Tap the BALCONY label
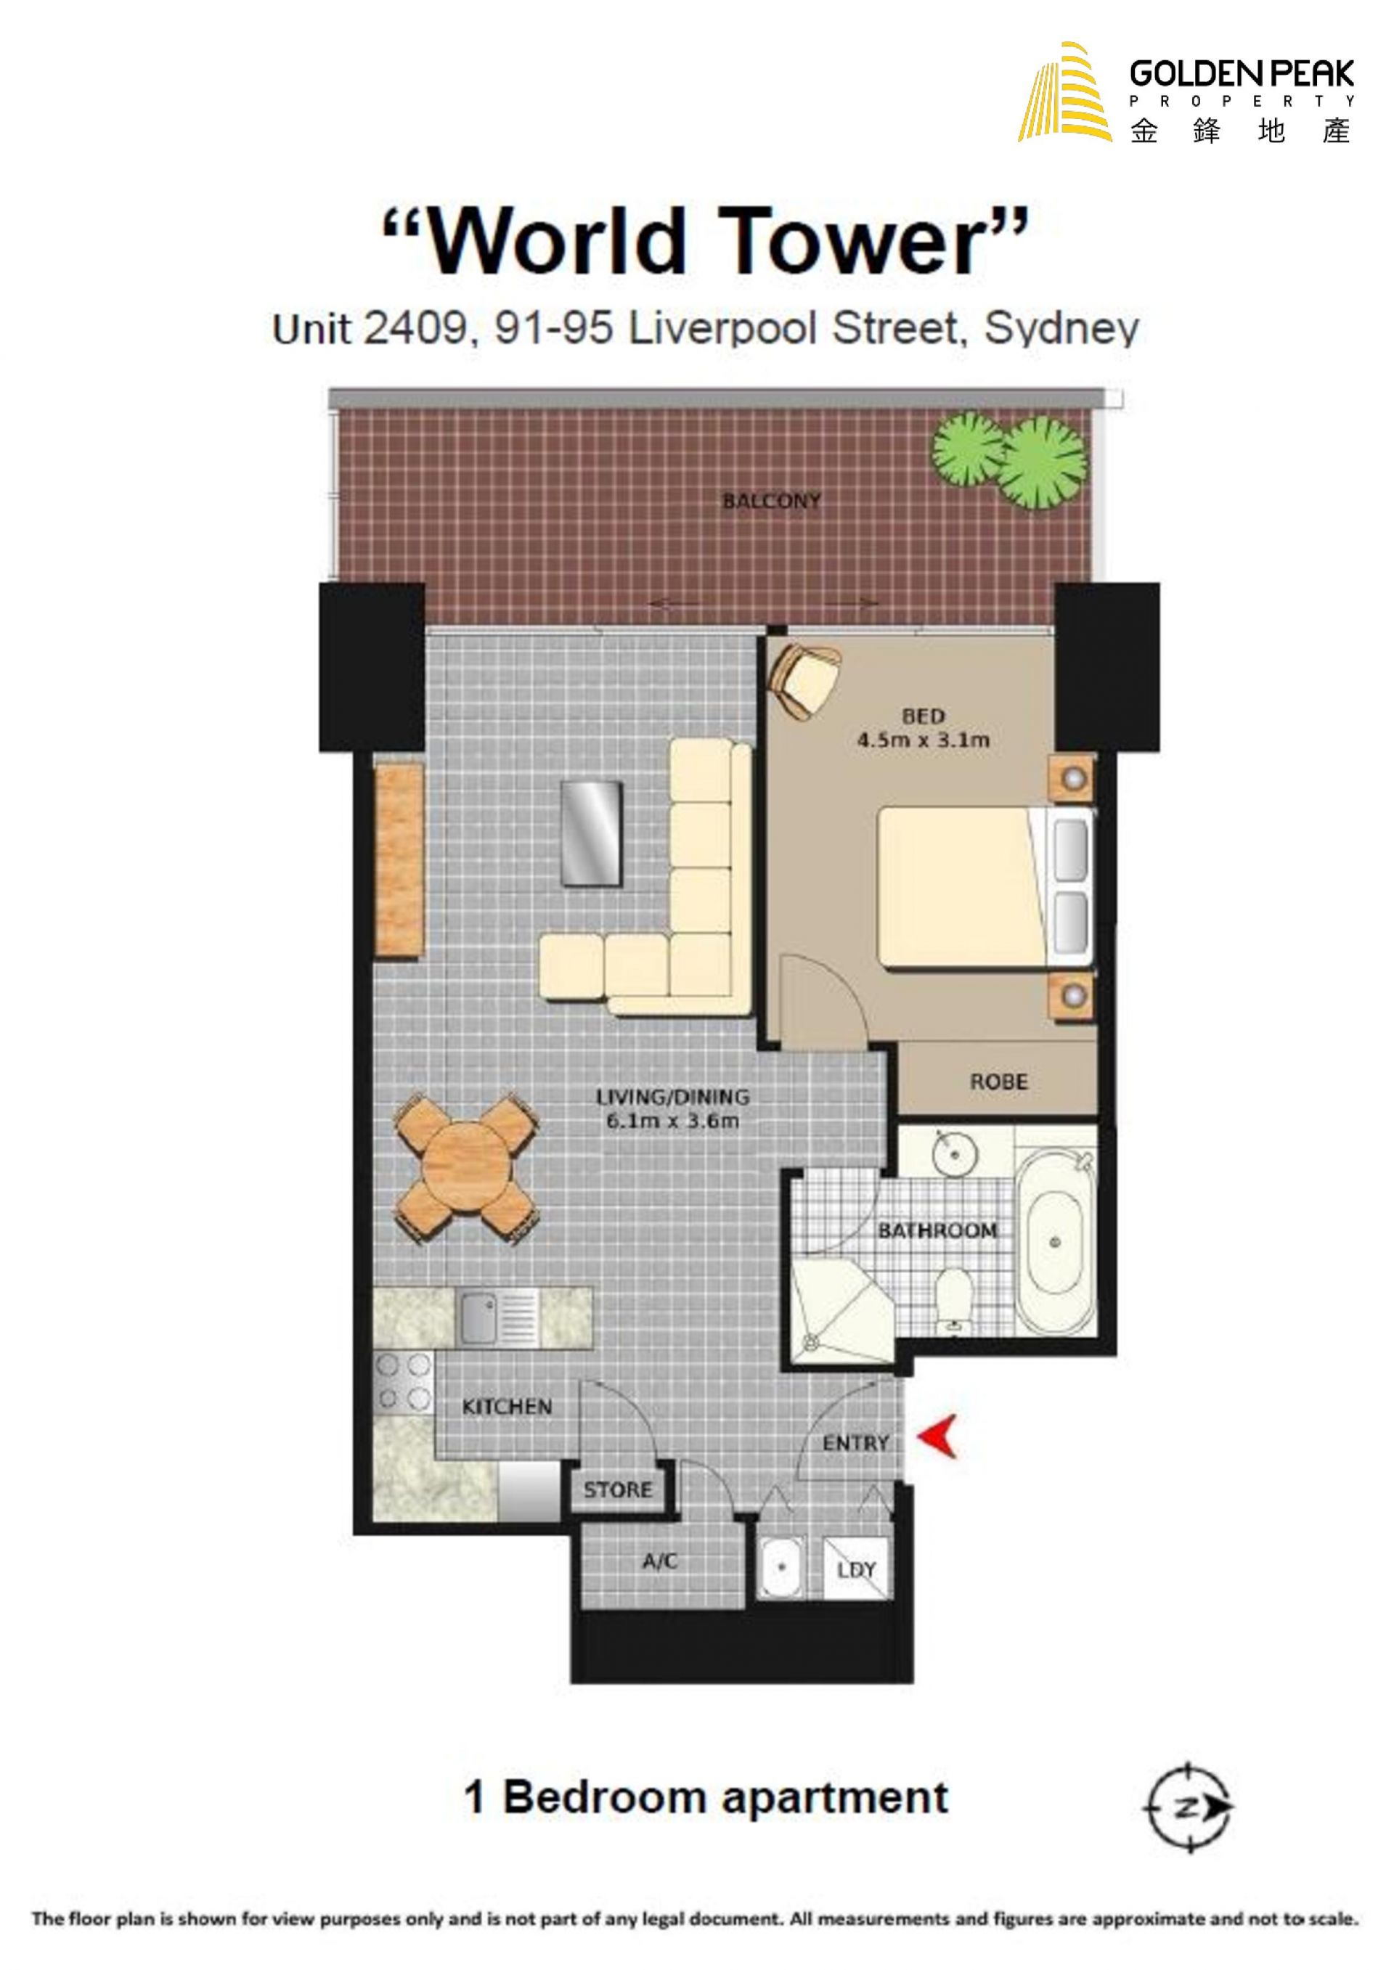pos(772,500)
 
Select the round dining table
pos(467,1166)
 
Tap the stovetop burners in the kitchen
pos(404,1381)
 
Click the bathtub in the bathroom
pos(1056,1244)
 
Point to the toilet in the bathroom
pos(952,1301)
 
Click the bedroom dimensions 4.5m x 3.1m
pos(923,739)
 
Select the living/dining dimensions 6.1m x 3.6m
pos(672,1120)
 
